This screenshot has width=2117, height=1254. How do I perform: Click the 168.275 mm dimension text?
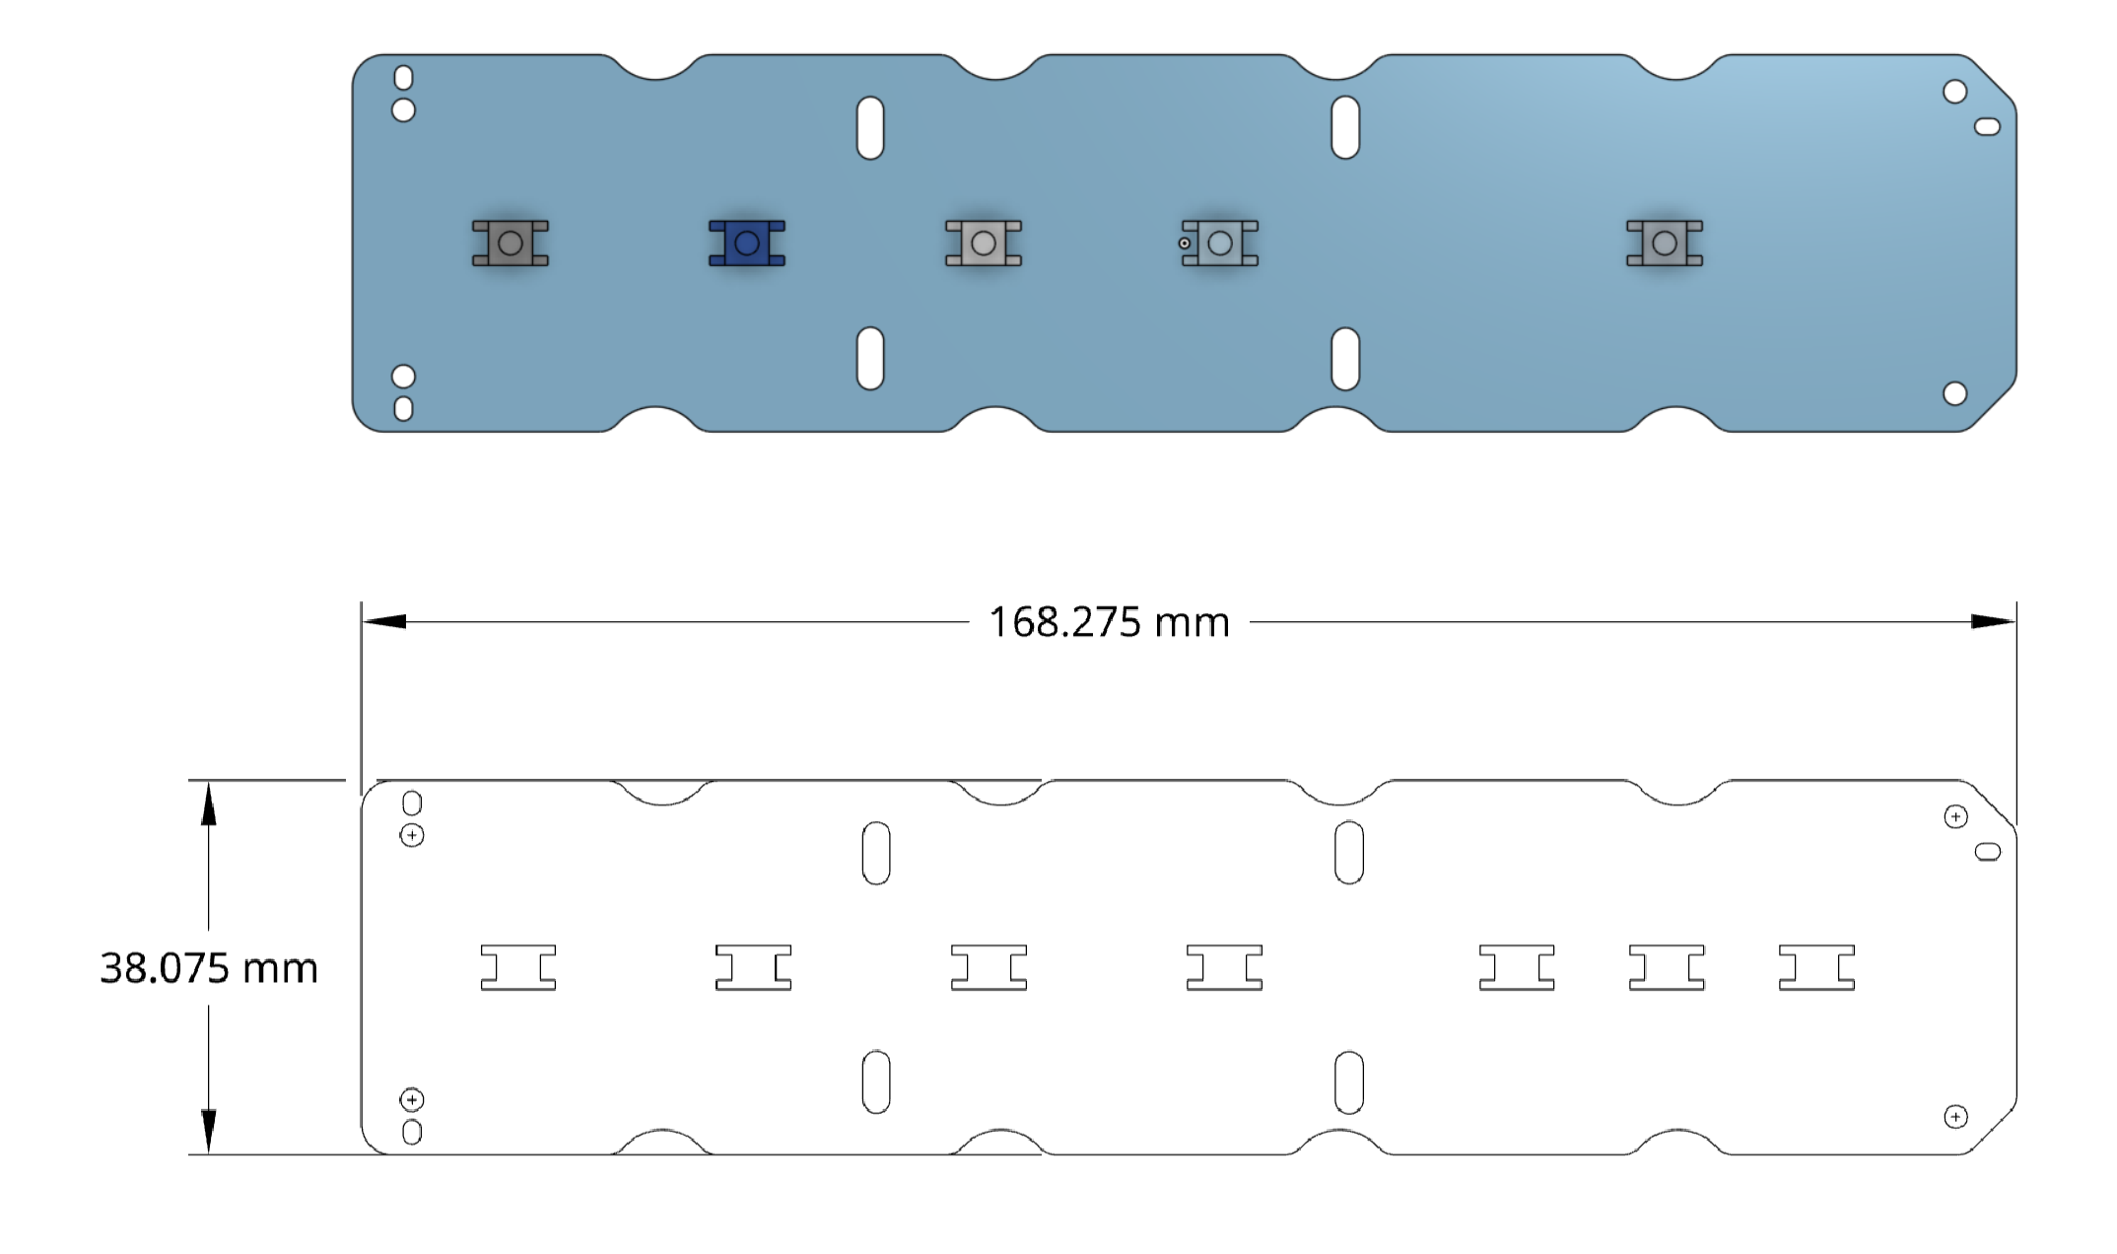click(x=1109, y=622)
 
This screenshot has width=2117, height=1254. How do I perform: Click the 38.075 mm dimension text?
click(x=209, y=968)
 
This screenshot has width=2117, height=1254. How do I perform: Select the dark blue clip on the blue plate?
click(x=747, y=244)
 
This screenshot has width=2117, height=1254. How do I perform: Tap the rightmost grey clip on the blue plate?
click(x=1665, y=244)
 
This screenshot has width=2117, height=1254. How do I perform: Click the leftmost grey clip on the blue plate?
click(x=511, y=244)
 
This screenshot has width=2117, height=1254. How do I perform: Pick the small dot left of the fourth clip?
click(x=1185, y=244)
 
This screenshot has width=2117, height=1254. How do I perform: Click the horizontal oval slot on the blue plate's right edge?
click(x=1987, y=126)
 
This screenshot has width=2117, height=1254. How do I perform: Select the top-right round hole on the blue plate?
click(x=1955, y=92)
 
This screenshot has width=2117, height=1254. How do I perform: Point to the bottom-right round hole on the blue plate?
click(x=1955, y=393)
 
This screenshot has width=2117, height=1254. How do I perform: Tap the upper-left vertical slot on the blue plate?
click(x=870, y=127)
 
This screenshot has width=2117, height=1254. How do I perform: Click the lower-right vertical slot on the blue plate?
click(x=1345, y=359)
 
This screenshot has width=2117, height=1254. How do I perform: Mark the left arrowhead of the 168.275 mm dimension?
click(x=384, y=622)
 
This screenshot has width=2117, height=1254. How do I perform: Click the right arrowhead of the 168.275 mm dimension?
click(x=1993, y=622)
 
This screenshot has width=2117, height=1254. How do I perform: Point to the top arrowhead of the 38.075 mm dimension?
click(x=208, y=803)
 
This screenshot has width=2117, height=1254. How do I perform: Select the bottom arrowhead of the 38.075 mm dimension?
click(x=208, y=1132)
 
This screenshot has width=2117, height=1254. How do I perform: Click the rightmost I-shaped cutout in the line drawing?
click(x=1816, y=967)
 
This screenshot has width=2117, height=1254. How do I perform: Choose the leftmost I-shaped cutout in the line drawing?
click(x=518, y=967)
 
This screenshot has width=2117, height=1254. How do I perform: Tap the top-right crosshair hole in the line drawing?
click(x=1956, y=816)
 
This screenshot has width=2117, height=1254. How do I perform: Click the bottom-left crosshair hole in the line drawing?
click(x=412, y=1099)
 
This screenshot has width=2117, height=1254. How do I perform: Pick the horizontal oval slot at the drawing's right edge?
click(x=1988, y=852)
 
